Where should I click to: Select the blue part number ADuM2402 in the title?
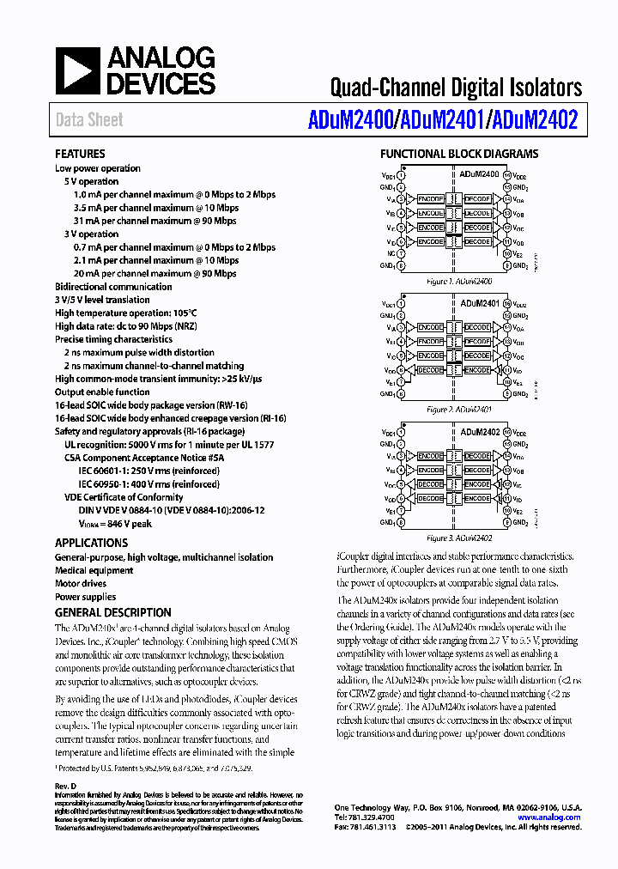[534, 121]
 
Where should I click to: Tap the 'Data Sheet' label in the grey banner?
[89, 120]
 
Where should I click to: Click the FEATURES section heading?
[80, 154]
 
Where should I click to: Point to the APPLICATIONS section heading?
[91, 543]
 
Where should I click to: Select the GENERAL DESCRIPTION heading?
[112, 612]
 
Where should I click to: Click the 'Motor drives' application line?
[82, 583]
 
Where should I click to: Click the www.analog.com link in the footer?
[548, 817]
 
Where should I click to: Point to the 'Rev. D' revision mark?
[66, 787]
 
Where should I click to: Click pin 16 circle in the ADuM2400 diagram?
[507, 175]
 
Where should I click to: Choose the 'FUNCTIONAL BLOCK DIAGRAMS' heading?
[459, 155]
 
